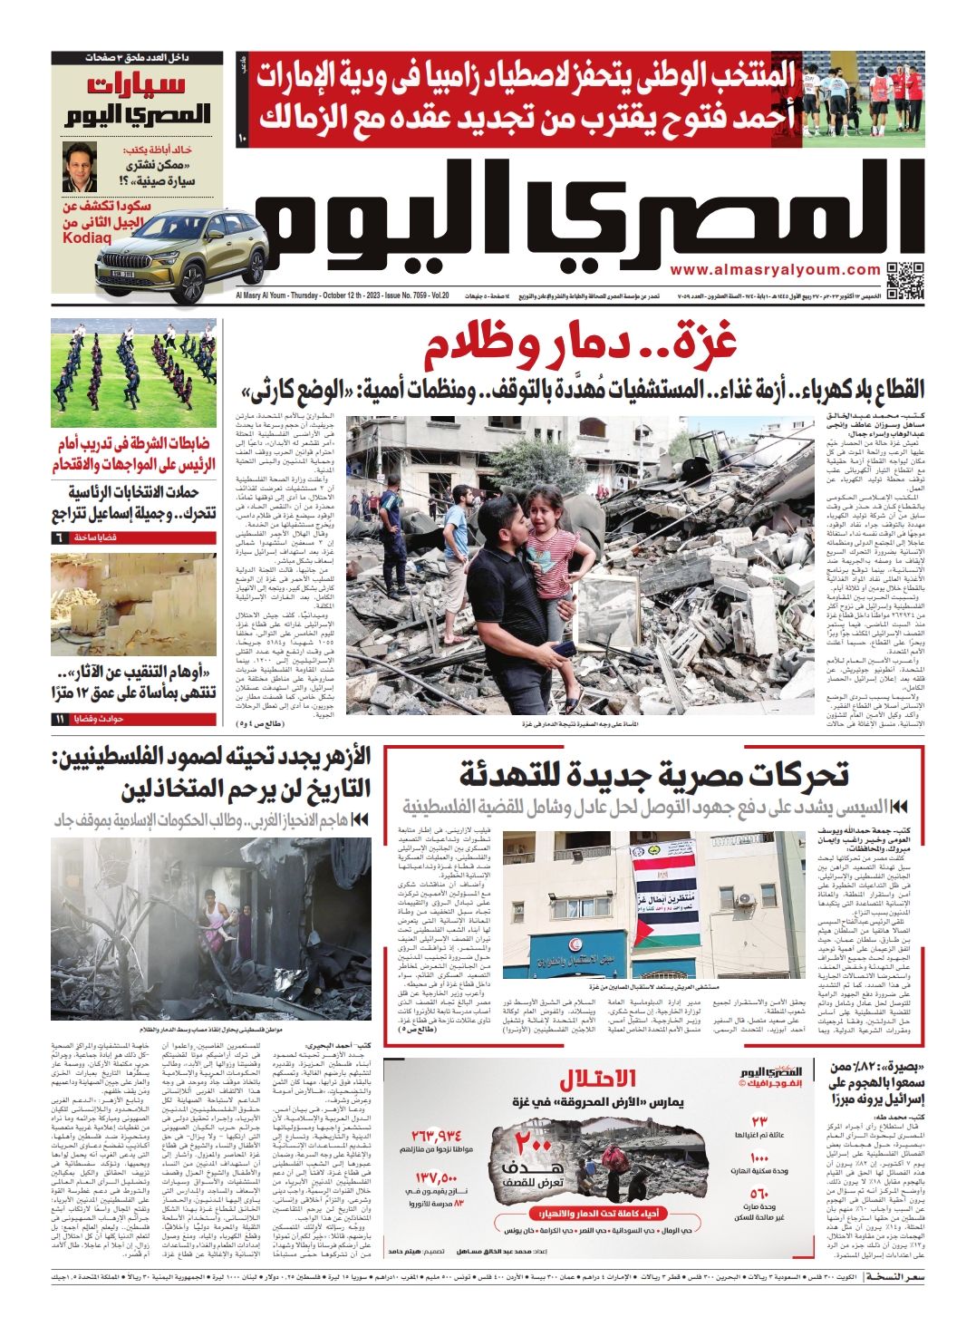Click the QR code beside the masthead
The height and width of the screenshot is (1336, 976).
(904, 280)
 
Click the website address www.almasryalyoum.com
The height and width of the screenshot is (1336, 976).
(775, 270)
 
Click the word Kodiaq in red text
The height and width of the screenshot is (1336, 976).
(87, 238)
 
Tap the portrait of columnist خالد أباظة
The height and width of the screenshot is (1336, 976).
(80, 167)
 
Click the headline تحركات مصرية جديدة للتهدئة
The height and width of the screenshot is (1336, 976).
(652, 775)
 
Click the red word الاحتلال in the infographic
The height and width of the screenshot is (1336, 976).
(597, 1079)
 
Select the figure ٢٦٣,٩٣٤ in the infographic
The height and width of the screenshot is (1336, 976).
(436, 1135)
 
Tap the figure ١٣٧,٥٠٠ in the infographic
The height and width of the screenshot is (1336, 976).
(436, 1177)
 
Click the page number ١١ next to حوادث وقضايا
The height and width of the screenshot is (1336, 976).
(60, 719)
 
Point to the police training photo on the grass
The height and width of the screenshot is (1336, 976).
(134, 372)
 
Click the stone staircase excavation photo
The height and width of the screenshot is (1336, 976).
(134, 605)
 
